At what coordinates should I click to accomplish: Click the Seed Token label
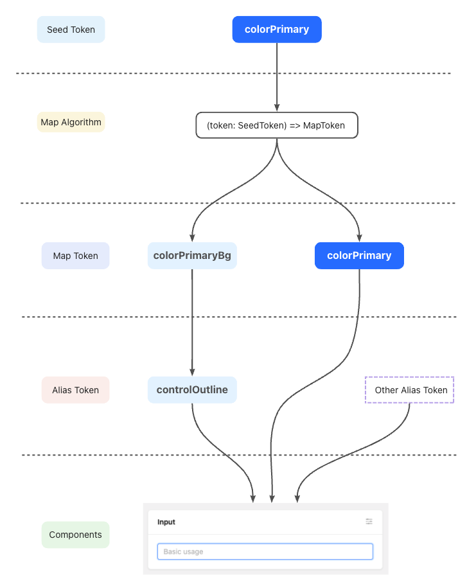tap(71, 30)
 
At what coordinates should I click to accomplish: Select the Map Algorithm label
tap(71, 122)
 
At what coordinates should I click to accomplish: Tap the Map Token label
tap(75, 256)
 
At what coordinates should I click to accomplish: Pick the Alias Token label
tap(75, 390)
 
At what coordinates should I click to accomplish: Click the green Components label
tap(75, 535)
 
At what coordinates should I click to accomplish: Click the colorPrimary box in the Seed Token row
tap(276, 30)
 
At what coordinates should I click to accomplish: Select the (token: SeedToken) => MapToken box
tap(276, 125)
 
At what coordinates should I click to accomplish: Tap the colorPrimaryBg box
tap(192, 256)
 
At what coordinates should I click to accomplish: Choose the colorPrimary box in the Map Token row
tap(359, 256)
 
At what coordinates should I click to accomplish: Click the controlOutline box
tap(192, 390)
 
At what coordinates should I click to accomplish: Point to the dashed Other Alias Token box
tap(410, 390)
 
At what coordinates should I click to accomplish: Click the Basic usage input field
tap(265, 551)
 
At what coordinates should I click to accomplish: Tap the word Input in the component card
tap(166, 522)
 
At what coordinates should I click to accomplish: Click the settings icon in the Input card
tap(369, 522)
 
